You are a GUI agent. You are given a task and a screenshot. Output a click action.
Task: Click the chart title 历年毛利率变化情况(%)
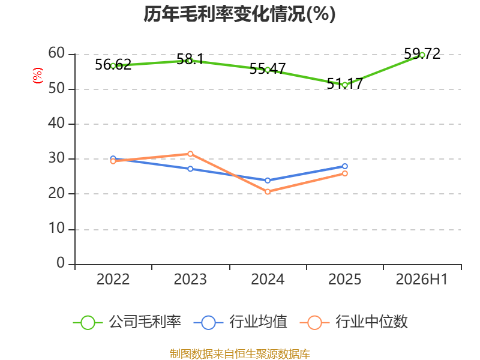(x=239, y=14)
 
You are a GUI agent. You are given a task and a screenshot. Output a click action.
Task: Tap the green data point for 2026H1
(x=422, y=55)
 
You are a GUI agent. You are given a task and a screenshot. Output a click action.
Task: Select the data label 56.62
(x=113, y=65)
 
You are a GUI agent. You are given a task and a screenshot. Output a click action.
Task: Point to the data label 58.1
(x=190, y=59)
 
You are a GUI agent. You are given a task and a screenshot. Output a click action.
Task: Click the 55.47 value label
(x=268, y=68)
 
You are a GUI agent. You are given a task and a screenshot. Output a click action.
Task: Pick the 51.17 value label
(x=344, y=83)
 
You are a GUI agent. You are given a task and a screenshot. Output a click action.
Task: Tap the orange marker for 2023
(x=190, y=154)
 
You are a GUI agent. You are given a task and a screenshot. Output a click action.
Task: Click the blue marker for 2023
(x=190, y=169)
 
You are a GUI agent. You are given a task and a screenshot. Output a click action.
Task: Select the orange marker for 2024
(x=268, y=191)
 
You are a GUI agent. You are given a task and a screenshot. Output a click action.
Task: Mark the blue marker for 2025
(x=344, y=166)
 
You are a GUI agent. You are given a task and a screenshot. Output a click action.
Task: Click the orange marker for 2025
(x=344, y=173)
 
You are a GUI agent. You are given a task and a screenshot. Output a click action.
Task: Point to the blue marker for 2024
(x=268, y=181)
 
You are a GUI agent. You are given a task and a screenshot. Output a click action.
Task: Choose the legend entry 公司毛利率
(x=127, y=322)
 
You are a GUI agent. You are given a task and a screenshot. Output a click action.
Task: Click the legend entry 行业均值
(x=241, y=322)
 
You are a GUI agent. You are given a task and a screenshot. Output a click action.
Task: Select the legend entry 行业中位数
(x=354, y=322)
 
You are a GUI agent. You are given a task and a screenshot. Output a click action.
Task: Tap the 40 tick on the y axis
(x=56, y=124)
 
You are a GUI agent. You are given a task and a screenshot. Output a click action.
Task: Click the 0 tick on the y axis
(x=61, y=263)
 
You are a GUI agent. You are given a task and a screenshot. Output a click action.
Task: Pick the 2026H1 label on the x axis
(x=422, y=279)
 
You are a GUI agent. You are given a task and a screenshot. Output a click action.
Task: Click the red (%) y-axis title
(x=38, y=76)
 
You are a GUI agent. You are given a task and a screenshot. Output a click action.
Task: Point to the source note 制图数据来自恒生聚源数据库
(x=240, y=354)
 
